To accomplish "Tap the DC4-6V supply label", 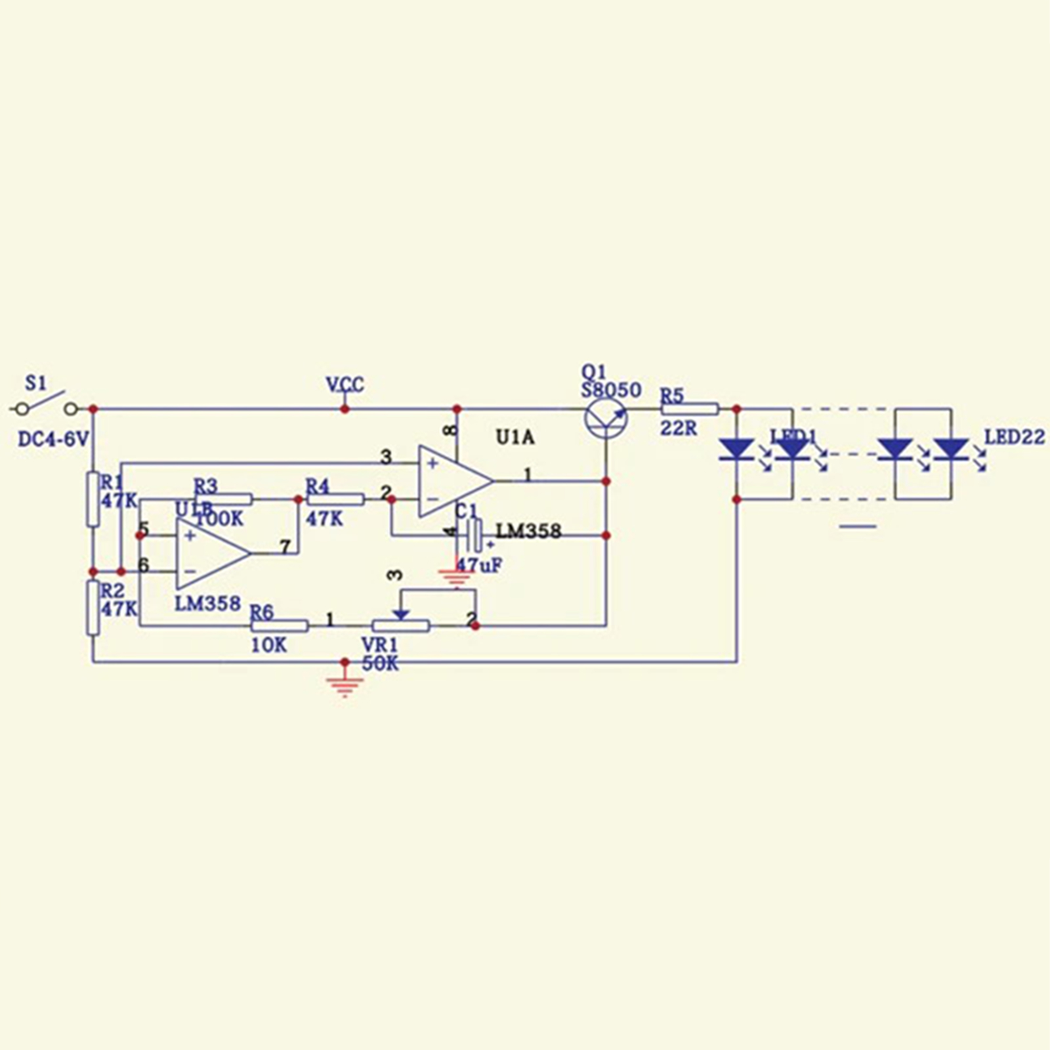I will point(52,439).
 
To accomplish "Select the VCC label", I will point(345,385).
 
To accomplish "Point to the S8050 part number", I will point(611,390).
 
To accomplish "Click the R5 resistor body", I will point(690,409).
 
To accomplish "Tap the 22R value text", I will point(679,429).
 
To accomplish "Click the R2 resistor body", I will point(93,608).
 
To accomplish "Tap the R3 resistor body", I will point(223,499).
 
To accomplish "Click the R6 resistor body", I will point(280,626).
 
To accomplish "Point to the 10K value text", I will point(269,646).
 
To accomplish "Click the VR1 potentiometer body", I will point(400,626).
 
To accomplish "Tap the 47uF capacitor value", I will point(479,565).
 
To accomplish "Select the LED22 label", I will point(1015,437).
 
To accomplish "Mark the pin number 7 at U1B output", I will point(285,547).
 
